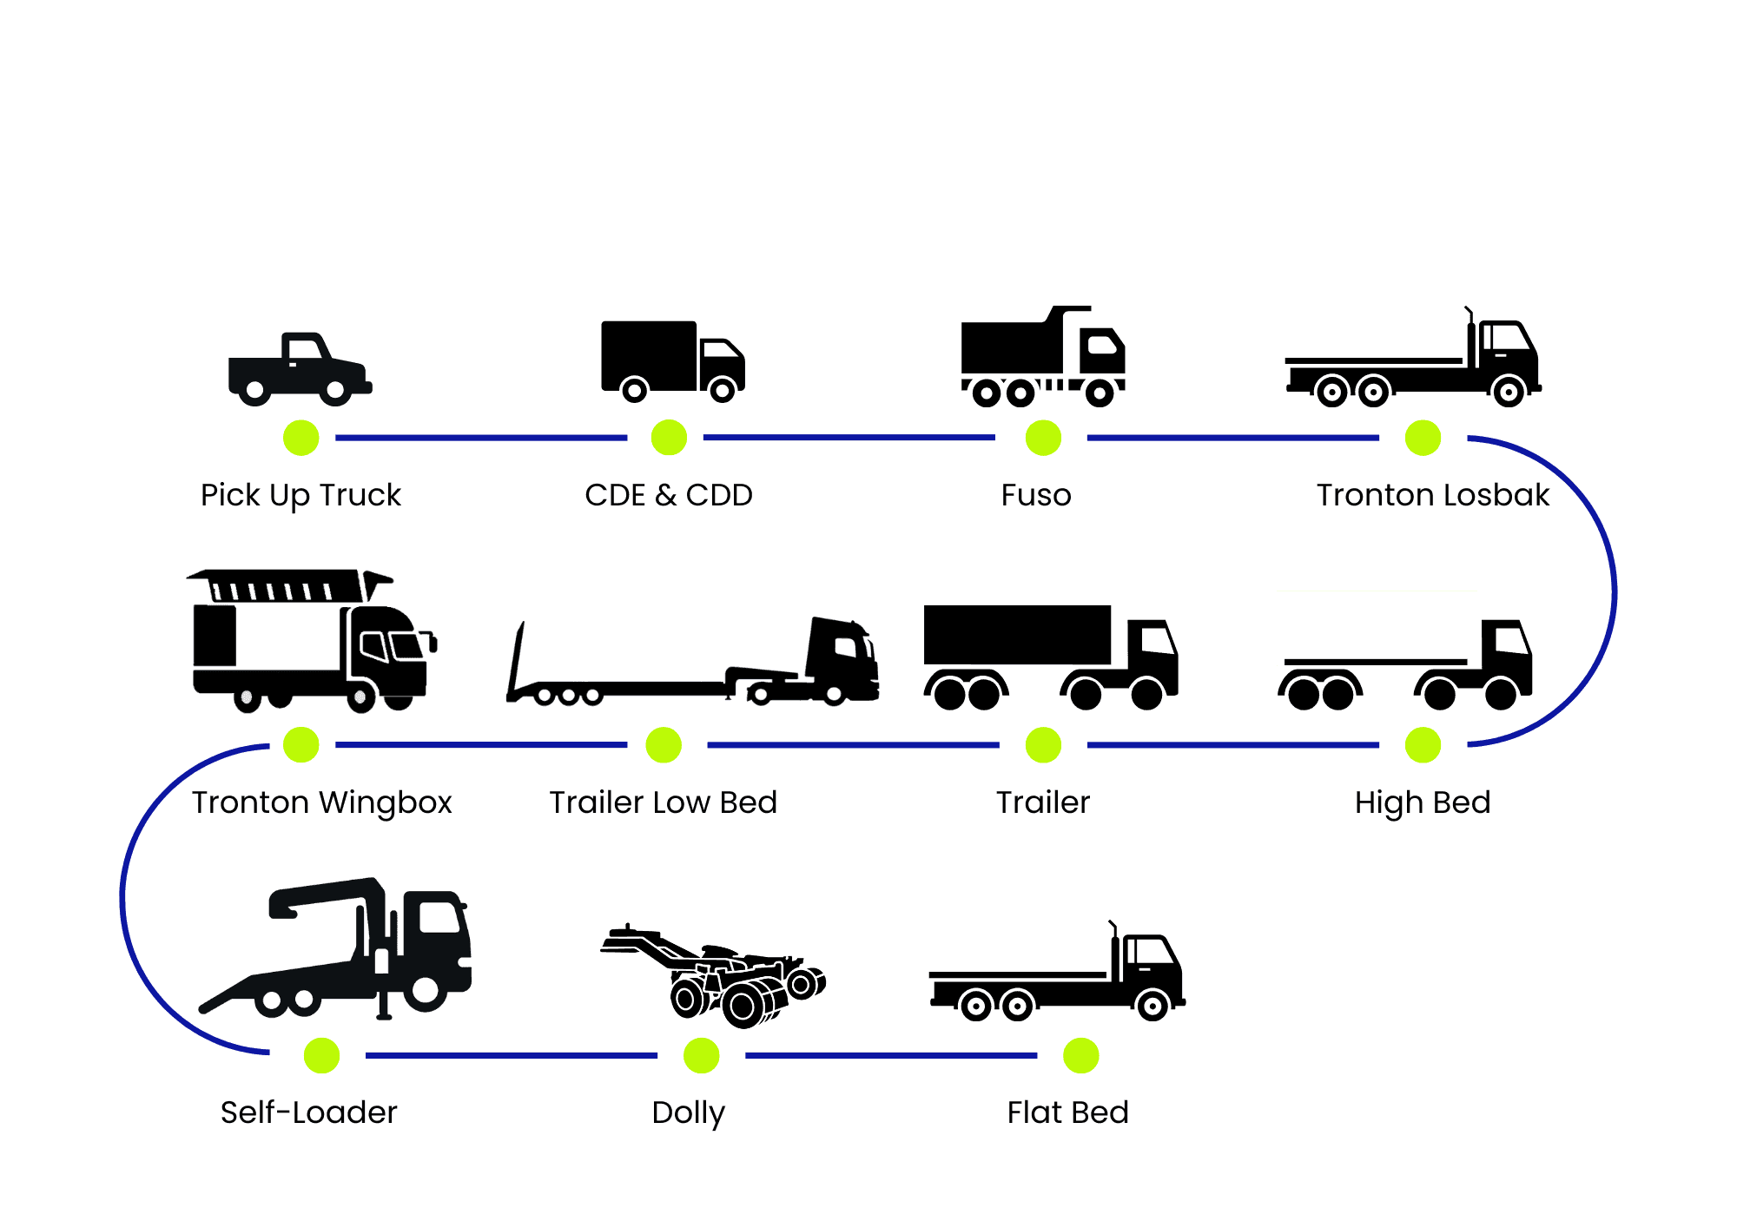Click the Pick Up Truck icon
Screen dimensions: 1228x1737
300,369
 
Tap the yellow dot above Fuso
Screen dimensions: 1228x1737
1043,438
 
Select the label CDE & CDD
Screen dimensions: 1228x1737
668,495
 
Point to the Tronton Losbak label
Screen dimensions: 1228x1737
1432,495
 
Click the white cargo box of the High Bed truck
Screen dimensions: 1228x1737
1376,625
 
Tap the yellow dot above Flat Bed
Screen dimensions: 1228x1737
1080,1055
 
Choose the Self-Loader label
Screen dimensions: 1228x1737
308,1112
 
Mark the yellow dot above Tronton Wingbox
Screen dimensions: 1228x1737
301,745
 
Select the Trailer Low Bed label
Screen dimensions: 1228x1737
663,802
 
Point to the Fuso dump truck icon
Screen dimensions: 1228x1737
1042,356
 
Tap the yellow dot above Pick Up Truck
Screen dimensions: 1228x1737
301,438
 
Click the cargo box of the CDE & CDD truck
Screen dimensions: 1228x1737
649,353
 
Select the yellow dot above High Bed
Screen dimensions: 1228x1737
1423,745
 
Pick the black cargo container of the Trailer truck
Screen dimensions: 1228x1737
1017,635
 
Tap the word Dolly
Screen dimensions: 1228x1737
688,1112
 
